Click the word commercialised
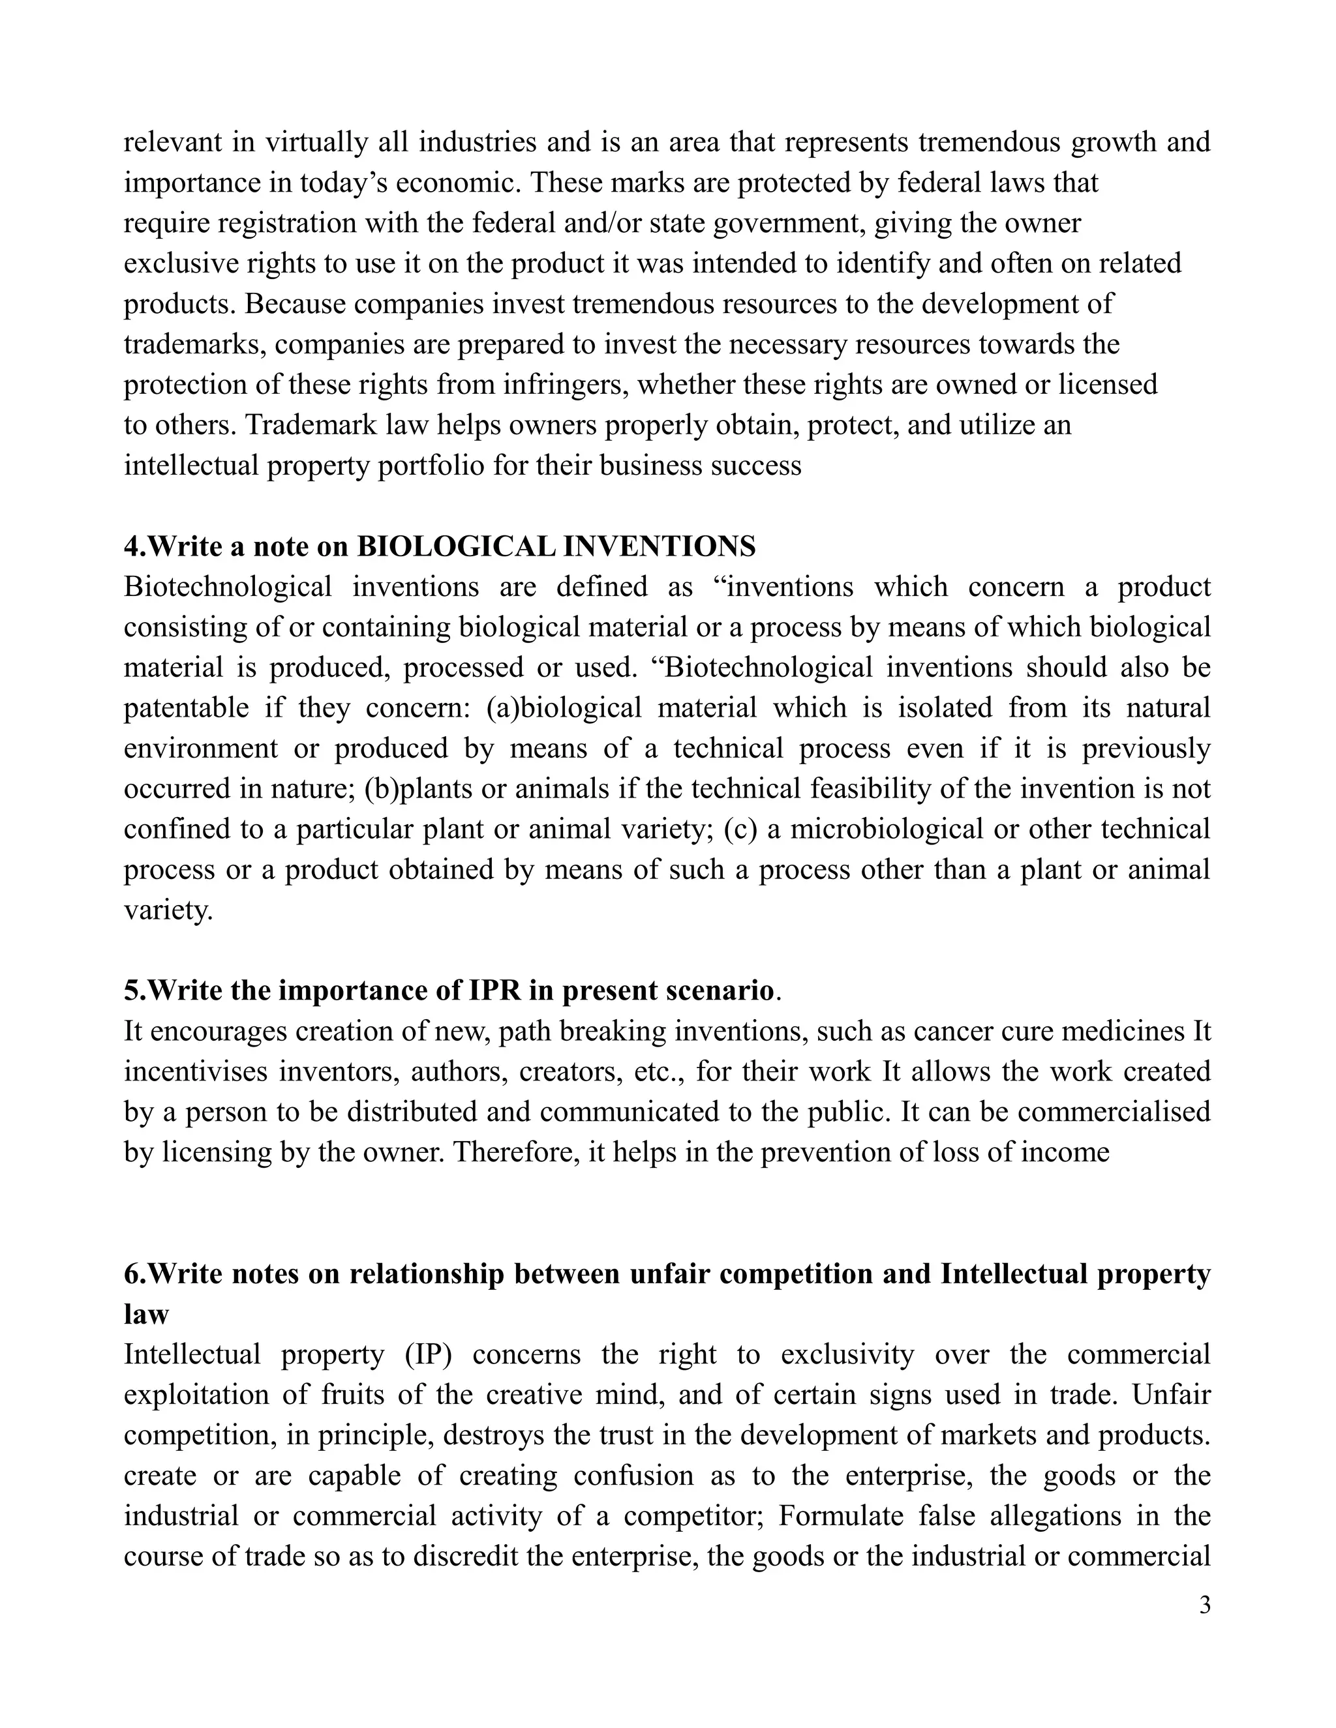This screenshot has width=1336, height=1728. point(1114,1112)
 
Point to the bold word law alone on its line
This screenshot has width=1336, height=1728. point(146,1314)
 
